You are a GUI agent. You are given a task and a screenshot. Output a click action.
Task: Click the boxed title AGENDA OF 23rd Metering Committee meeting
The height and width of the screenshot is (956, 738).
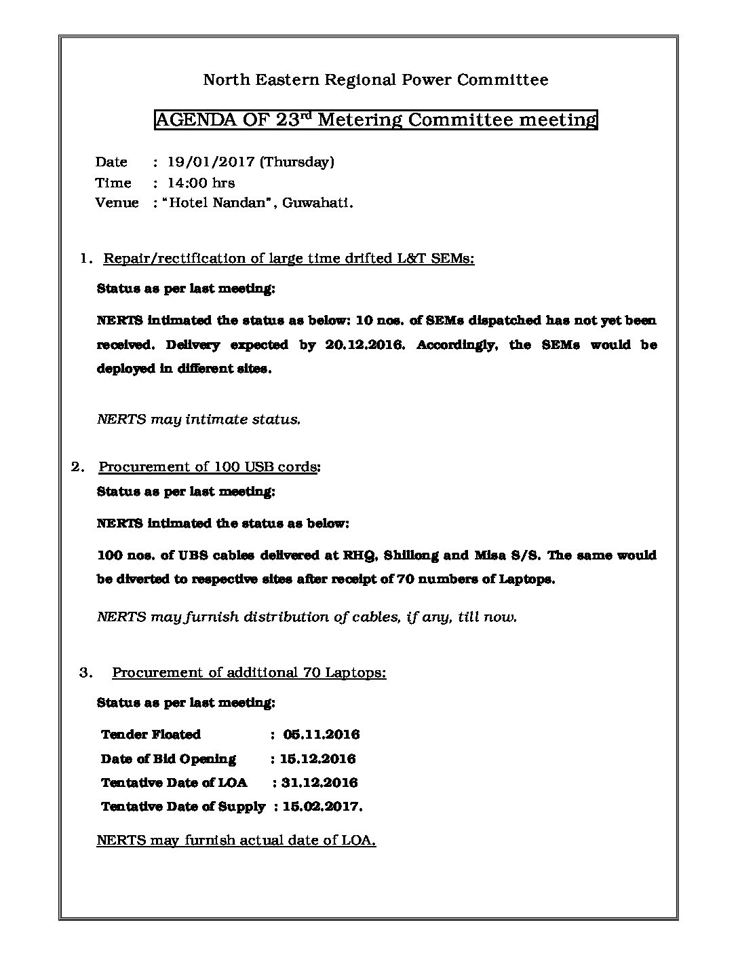(376, 120)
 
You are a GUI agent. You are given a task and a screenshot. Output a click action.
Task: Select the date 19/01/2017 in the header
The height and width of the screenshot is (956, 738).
(211, 162)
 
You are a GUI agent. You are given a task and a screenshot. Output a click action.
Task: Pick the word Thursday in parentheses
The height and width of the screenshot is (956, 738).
(297, 162)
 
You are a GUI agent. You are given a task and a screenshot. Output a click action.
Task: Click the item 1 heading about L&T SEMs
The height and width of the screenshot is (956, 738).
(288, 259)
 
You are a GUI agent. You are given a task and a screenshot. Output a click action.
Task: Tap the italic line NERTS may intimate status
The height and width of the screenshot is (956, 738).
(199, 420)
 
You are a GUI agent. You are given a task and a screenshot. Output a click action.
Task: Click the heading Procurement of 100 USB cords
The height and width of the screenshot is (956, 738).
(208, 467)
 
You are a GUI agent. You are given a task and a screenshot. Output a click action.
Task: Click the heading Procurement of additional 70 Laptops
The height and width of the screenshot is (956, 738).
(249, 673)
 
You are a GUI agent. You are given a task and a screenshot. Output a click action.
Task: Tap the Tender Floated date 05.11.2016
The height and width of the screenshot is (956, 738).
(322, 735)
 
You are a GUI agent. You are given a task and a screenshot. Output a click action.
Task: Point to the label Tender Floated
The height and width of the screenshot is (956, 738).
(151, 735)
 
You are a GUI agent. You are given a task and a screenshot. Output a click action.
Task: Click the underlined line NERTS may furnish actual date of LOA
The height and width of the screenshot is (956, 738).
(236, 841)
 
